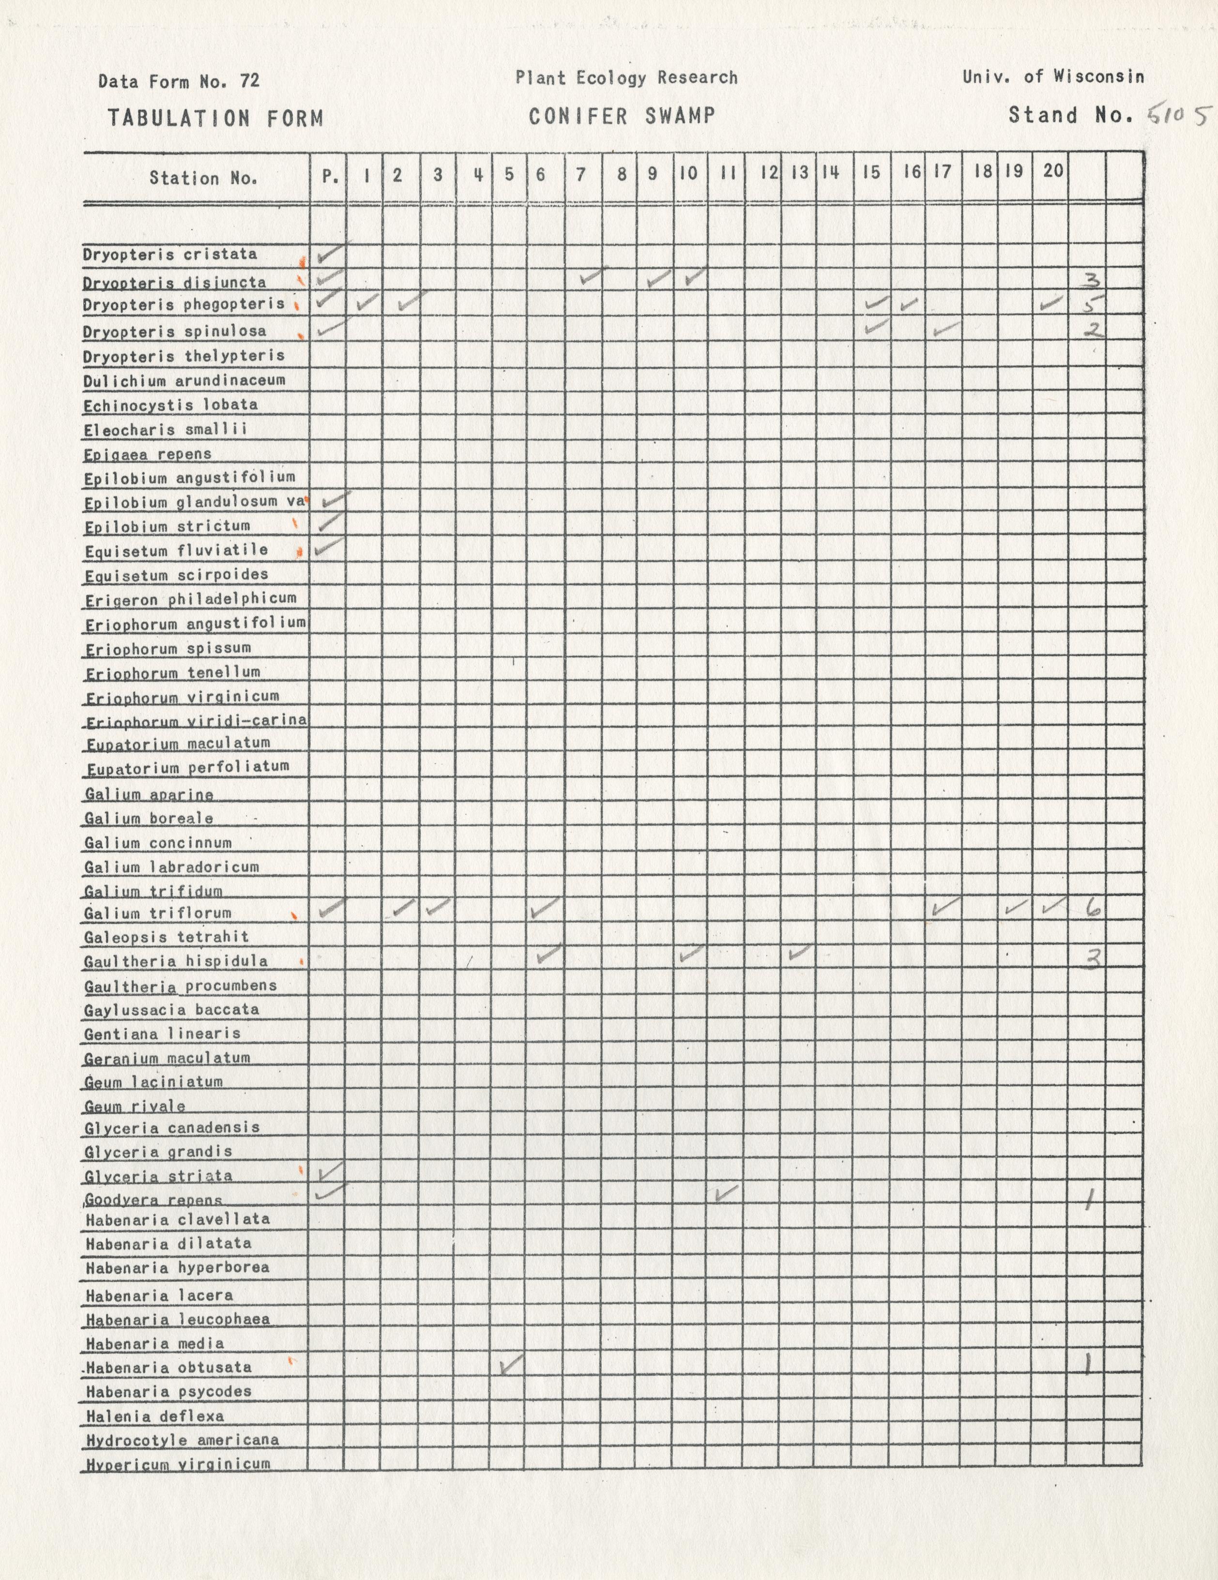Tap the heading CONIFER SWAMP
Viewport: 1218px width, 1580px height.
(622, 116)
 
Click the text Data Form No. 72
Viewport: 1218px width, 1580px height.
(179, 81)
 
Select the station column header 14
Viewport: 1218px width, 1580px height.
(830, 172)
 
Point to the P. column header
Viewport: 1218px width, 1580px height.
(330, 176)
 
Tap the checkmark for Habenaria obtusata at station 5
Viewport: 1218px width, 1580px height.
(511, 1364)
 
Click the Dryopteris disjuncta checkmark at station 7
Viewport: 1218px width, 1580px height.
(593, 275)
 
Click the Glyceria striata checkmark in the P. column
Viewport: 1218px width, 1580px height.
(328, 1169)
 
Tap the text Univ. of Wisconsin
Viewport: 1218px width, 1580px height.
(1053, 76)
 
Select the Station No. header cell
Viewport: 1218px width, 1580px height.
(203, 178)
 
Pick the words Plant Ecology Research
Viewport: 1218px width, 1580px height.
(626, 78)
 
